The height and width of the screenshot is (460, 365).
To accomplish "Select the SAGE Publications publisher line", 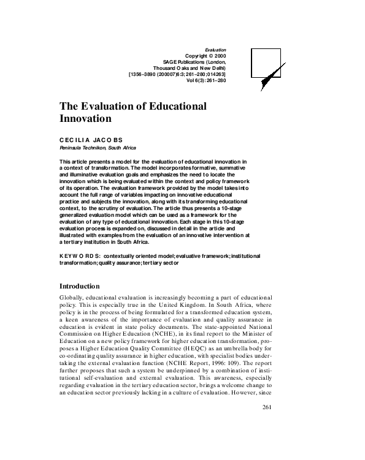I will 196,61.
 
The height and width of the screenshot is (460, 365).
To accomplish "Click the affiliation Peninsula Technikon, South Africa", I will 98,148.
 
